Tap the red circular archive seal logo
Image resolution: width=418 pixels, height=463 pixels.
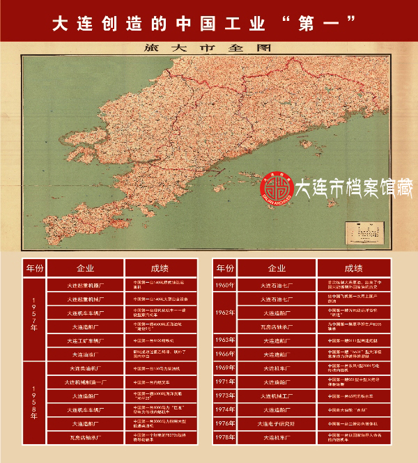276,189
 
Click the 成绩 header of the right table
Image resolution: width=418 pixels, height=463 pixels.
353,268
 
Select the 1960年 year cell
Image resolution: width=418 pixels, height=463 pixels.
224,285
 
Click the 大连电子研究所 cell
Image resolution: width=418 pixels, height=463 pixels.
277,423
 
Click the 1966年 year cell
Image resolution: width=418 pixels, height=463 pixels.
224,354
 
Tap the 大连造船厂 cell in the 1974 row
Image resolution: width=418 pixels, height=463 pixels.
277,409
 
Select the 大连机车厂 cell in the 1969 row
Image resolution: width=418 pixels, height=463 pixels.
277,367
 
